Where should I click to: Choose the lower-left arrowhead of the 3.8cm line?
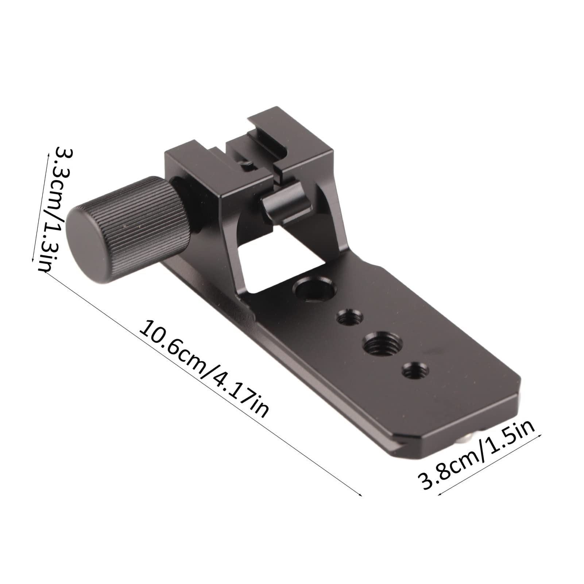(x=438, y=494)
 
